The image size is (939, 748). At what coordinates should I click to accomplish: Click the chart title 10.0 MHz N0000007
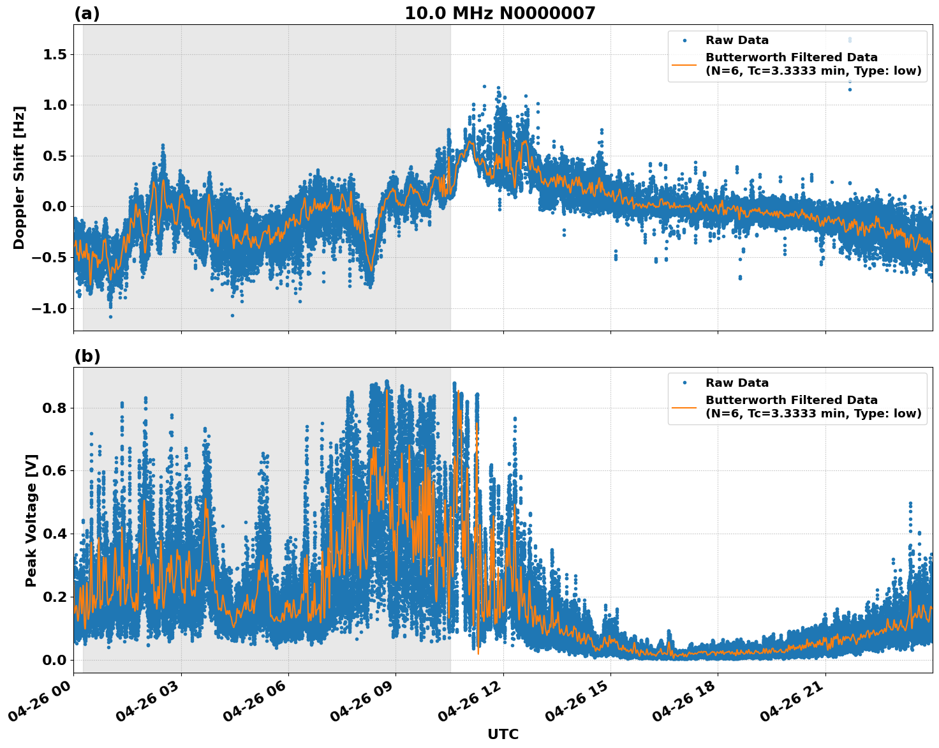[x=499, y=13]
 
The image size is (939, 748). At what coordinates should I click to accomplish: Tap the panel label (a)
[x=87, y=13]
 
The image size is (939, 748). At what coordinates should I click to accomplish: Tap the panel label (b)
[x=87, y=356]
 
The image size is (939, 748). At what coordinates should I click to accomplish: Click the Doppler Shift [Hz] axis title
[x=19, y=177]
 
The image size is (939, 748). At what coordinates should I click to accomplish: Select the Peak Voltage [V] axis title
[x=31, y=520]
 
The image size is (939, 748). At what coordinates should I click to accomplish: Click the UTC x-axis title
[x=503, y=734]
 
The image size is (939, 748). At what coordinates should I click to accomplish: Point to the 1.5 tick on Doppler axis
[x=54, y=55]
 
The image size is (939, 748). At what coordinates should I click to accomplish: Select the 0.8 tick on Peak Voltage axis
[x=54, y=408]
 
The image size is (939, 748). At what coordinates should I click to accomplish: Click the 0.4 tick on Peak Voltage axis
[x=54, y=534]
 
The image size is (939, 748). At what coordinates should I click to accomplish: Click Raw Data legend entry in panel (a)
[x=737, y=40]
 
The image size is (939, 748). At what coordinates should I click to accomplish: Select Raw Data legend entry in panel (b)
[x=737, y=383]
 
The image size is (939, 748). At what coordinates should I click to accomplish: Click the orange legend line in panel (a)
[x=684, y=64]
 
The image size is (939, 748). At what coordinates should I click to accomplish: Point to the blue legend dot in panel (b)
[x=684, y=383]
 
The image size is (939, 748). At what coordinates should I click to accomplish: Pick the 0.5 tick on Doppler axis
[x=54, y=156]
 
